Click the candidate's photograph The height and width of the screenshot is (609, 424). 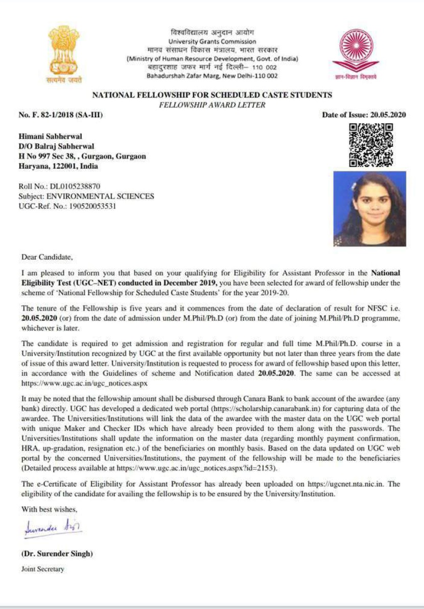[x=369, y=208]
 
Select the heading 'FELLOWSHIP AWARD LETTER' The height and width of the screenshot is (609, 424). [x=212, y=105]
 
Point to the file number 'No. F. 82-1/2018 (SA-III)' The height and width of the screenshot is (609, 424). [x=61, y=115]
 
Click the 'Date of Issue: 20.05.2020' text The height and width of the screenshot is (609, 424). [x=364, y=115]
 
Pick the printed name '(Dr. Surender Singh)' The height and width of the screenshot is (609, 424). [x=57, y=554]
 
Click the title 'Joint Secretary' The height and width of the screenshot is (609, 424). [x=43, y=569]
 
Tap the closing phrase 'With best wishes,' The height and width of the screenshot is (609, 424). [x=49, y=509]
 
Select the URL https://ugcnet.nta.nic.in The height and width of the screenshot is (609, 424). [x=340, y=484]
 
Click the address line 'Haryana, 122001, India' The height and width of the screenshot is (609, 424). [x=58, y=166]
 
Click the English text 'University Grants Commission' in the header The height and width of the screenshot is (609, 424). [x=212, y=41]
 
